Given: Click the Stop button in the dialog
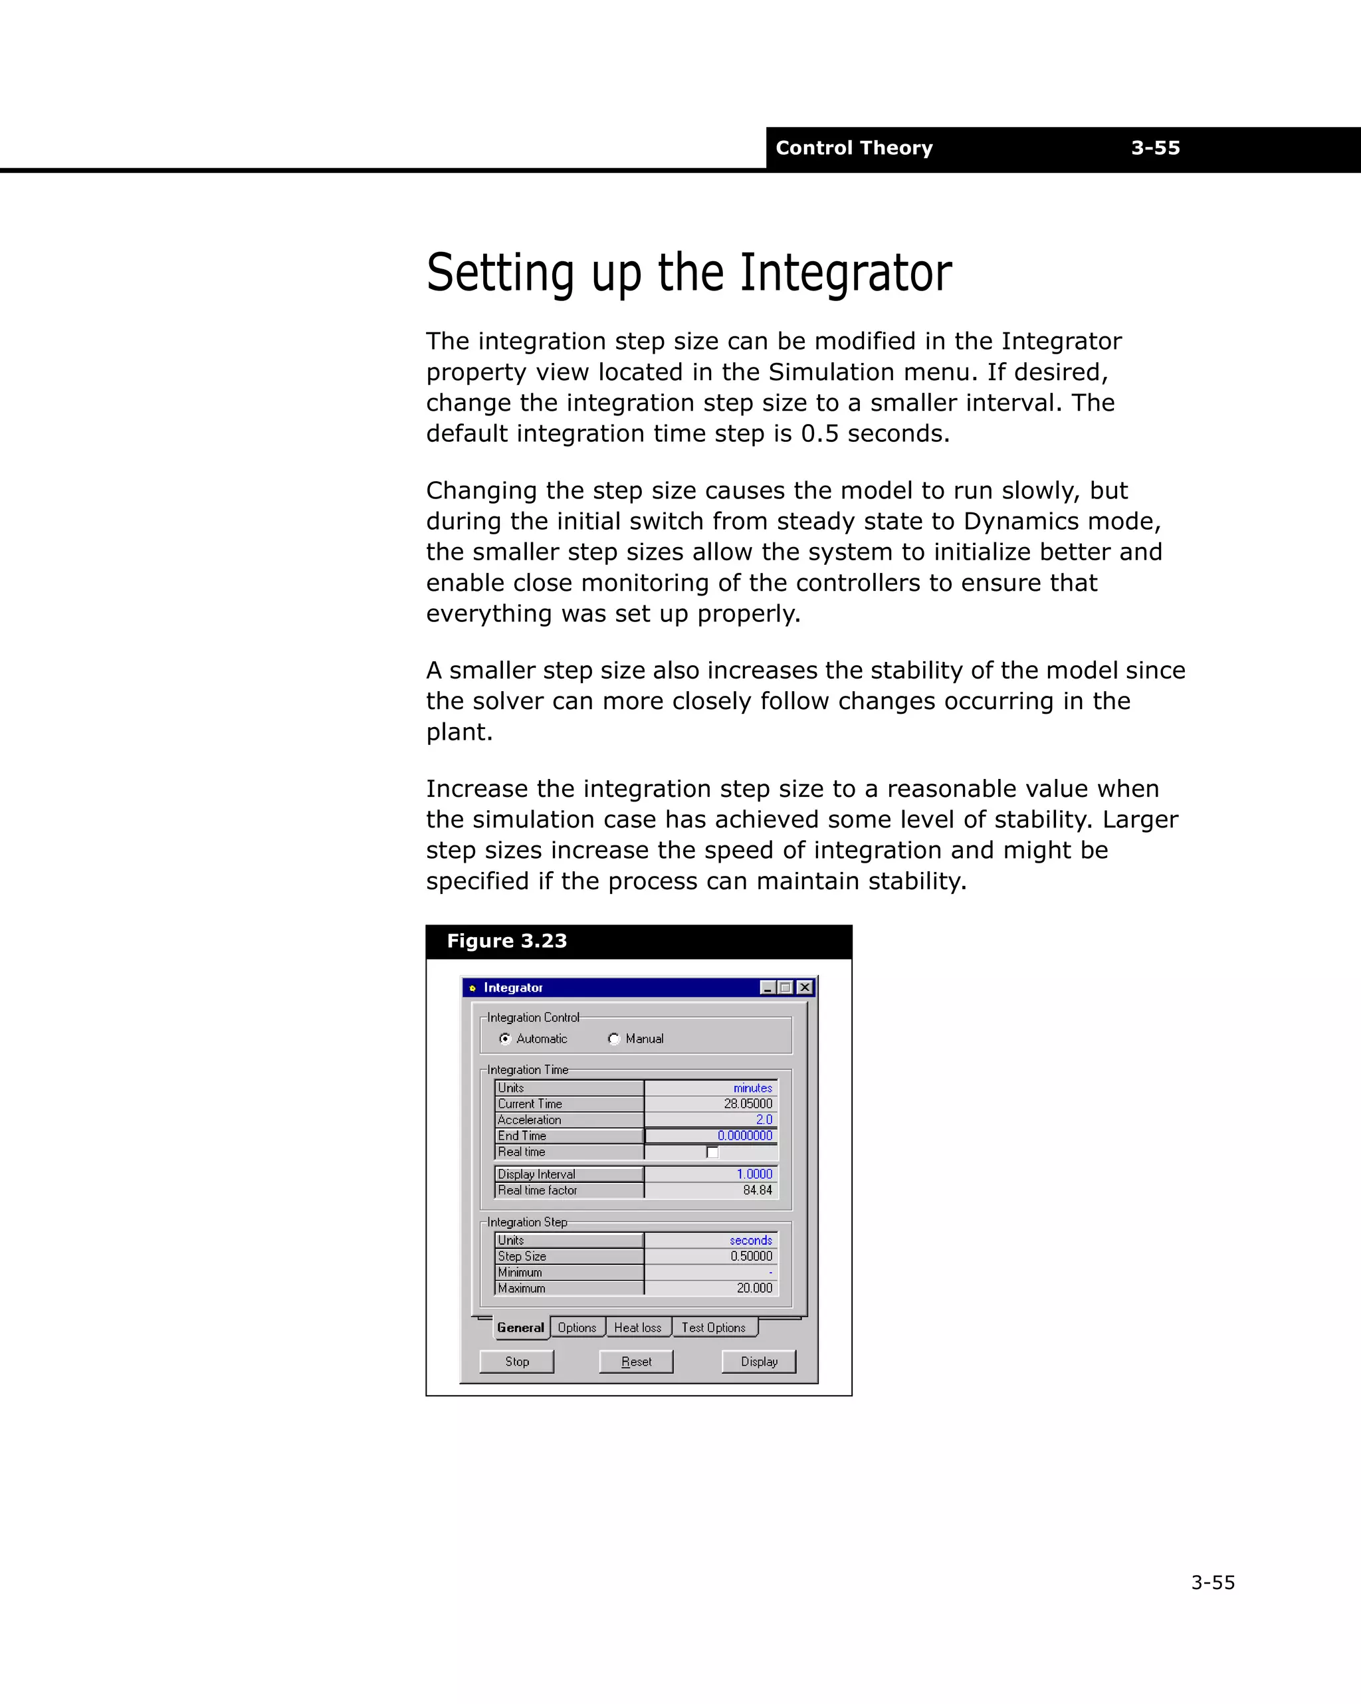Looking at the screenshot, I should click(x=516, y=1361).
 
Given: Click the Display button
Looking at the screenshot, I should click(x=758, y=1361).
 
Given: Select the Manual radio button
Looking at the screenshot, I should click(x=614, y=1039).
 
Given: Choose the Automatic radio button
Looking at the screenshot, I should click(x=505, y=1039).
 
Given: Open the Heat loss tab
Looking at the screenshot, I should click(x=638, y=1328).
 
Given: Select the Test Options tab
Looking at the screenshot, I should click(x=713, y=1328).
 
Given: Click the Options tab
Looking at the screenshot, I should click(x=577, y=1328).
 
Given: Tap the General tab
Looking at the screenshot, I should click(x=520, y=1328).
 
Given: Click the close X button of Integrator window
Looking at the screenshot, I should click(x=805, y=987).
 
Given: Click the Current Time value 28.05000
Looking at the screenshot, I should click(x=748, y=1104).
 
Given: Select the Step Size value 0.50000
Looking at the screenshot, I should click(x=751, y=1256).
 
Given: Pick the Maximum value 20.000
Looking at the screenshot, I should click(x=754, y=1287).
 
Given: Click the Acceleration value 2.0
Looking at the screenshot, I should click(x=764, y=1120).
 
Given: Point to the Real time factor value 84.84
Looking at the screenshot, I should click(x=757, y=1190).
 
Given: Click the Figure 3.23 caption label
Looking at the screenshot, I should click(x=506, y=941).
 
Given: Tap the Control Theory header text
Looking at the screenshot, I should click(x=853, y=148).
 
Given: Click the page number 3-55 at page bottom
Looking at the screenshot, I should click(x=1212, y=1582).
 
